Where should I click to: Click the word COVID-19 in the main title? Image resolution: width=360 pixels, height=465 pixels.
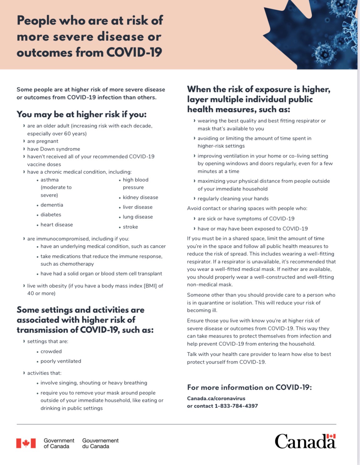134,52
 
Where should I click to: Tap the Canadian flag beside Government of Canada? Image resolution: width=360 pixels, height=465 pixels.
26,443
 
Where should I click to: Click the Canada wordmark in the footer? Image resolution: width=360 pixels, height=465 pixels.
305,441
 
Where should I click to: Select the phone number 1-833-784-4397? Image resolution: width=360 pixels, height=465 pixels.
236,406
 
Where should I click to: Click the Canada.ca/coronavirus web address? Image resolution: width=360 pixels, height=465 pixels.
216,398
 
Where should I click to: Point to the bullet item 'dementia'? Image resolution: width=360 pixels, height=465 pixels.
52,205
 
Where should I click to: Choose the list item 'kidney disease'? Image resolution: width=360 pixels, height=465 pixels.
140,197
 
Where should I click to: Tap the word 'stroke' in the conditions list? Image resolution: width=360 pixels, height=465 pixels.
130,227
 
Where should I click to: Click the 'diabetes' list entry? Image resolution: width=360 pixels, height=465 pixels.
51,215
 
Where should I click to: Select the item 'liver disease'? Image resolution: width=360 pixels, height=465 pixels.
137,207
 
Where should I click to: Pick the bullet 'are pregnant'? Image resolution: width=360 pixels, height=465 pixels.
43,141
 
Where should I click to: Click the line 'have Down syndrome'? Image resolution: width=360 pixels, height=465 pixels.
53,149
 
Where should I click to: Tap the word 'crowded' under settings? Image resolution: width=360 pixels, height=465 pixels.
51,351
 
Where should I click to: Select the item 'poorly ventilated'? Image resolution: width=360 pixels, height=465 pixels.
61,361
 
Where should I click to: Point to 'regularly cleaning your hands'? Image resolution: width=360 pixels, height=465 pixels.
233,199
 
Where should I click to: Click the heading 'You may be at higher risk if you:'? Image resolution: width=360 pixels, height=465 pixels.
82,114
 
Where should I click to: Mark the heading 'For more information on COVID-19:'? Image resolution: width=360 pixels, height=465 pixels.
249,387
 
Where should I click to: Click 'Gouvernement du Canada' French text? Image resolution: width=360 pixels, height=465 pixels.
100,443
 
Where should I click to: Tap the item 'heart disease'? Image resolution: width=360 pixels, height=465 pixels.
56,225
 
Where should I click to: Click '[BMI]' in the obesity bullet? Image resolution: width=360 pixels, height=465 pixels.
150,286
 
